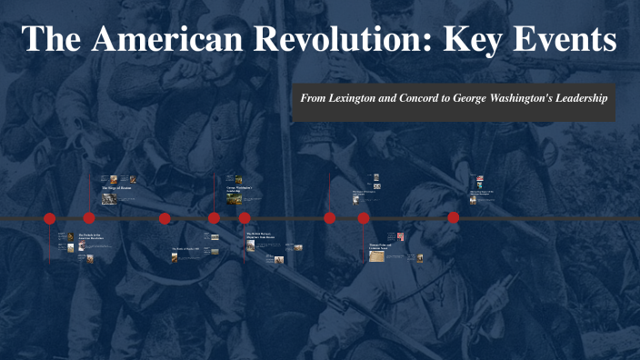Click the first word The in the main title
pos(52,40)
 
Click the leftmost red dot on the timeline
pos(50,218)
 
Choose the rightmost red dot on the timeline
pos(453,218)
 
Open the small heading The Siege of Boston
pos(119,188)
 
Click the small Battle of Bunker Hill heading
pos(185,248)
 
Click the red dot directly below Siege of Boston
pos(89,218)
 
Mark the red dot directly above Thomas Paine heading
pos(364,218)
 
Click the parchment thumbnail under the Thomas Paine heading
pos(376,256)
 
